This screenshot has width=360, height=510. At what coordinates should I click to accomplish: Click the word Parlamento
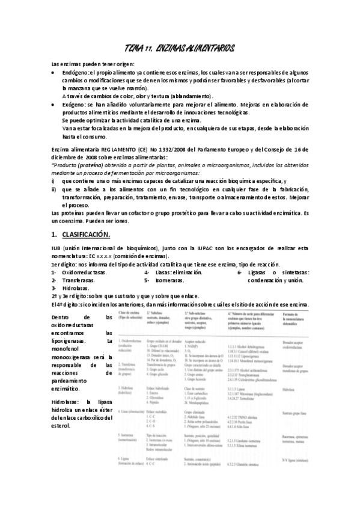click(x=222, y=149)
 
